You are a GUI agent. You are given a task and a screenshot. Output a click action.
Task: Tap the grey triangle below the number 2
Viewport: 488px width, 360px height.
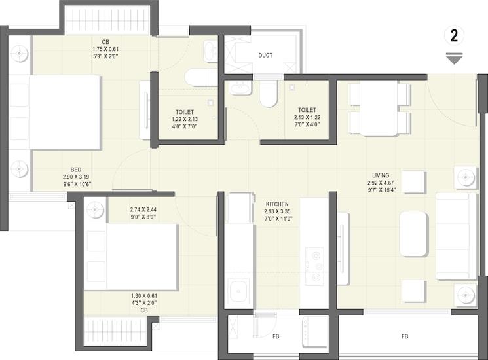(x=454, y=59)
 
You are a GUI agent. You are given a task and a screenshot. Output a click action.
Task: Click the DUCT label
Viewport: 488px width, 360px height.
(x=265, y=55)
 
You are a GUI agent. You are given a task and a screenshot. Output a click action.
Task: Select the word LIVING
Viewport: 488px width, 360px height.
(x=381, y=175)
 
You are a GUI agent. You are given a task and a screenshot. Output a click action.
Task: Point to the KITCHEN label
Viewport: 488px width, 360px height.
(x=277, y=204)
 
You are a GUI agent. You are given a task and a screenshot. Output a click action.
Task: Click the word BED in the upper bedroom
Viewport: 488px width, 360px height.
(x=76, y=170)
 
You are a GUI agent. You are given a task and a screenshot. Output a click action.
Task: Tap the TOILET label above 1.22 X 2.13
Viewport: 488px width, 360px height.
(x=185, y=111)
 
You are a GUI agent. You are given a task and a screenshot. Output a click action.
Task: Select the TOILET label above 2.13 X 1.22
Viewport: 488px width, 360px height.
(x=307, y=110)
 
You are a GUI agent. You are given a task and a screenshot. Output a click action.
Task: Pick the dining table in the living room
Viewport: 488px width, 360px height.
(x=379, y=108)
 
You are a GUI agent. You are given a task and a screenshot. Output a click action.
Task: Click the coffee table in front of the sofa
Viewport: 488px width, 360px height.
(x=413, y=234)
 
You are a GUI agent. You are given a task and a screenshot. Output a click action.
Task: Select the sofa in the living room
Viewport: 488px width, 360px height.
(x=457, y=236)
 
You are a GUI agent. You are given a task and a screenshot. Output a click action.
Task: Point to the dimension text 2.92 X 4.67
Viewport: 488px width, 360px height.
(x=381, y=183)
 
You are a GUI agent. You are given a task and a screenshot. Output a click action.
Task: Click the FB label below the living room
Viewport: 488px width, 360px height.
(x=405, y=336)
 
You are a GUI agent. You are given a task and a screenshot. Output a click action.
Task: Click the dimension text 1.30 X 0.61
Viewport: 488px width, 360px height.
(x=143, y=295)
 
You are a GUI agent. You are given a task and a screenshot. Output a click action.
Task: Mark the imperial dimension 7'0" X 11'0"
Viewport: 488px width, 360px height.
(x=277, y=219)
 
